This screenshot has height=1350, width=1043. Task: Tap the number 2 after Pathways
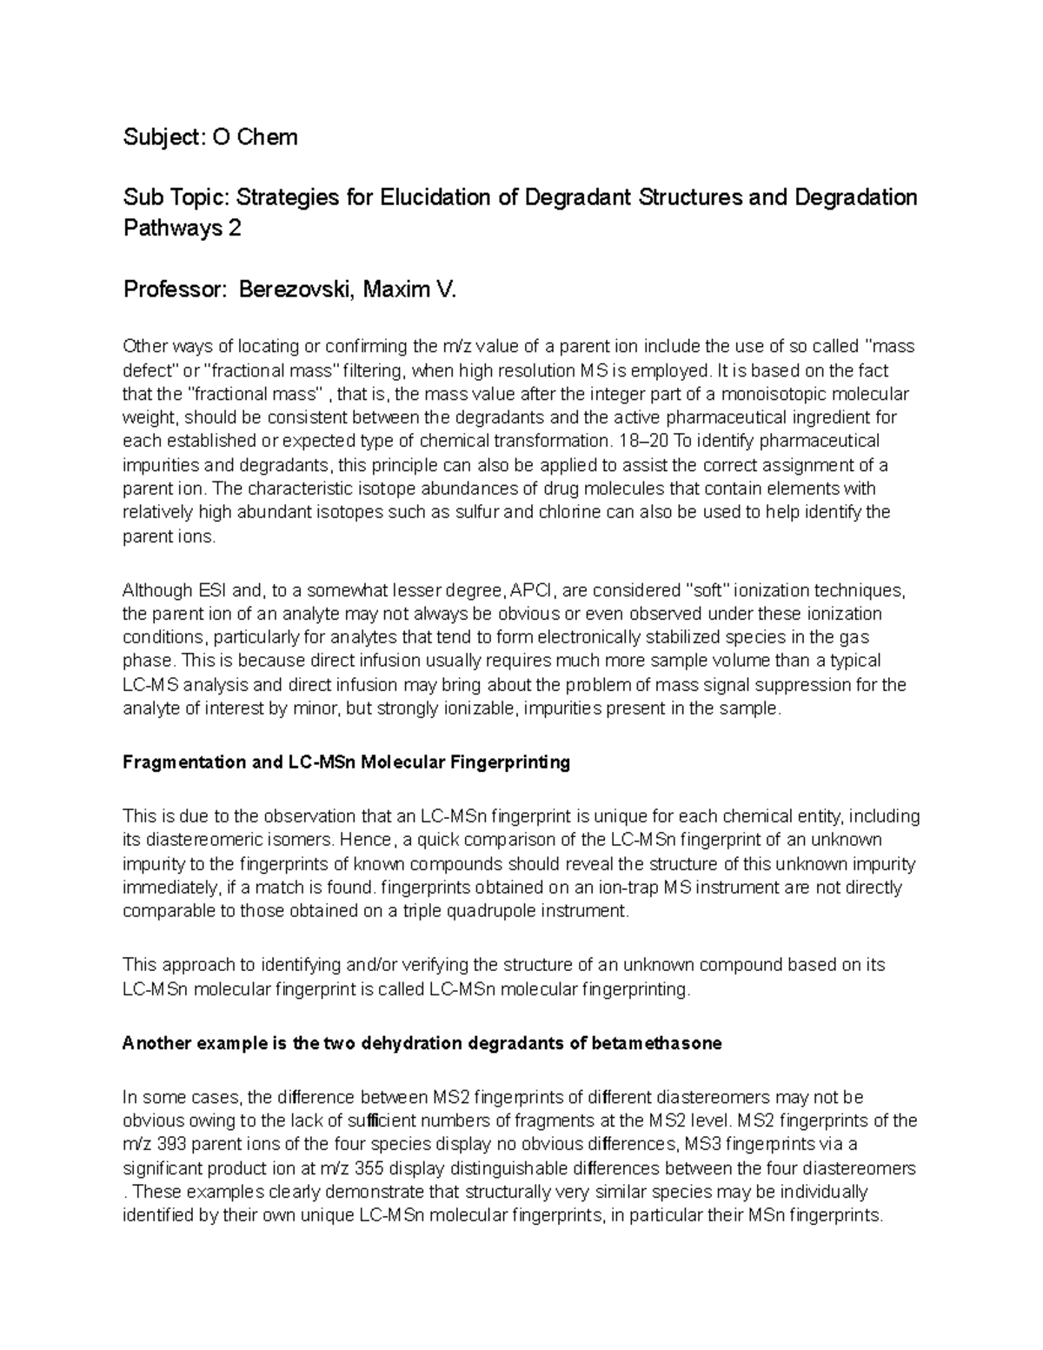[x=234, y=229]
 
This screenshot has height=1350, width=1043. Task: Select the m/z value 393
[x=170, y=1145]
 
